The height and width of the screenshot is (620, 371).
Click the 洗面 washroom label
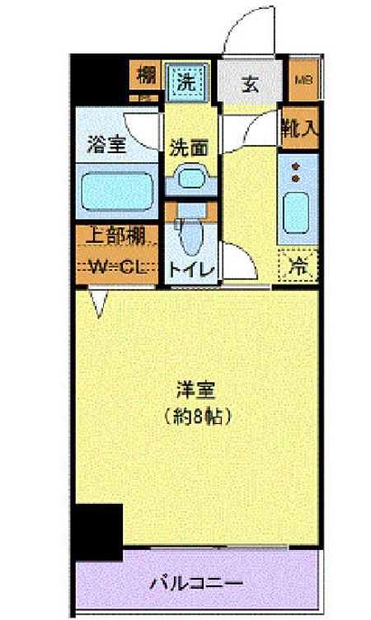(x=188, y=148)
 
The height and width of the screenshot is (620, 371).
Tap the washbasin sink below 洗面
(x=191, y=177)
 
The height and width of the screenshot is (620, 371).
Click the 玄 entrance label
(x=249, y=82)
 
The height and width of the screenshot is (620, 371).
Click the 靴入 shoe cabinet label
(x=299, y=127)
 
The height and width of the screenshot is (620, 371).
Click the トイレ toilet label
(x=191, y=269)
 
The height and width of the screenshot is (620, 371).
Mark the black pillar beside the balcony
(x=96, y=533)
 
